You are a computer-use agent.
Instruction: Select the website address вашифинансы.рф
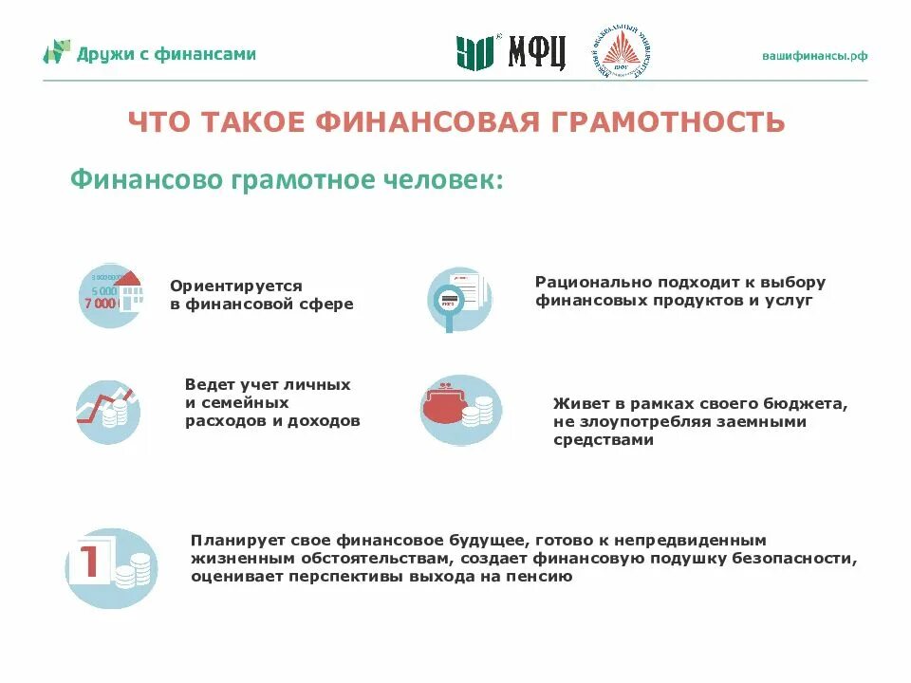point(814,55)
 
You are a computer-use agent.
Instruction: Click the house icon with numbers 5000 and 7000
point(109,295)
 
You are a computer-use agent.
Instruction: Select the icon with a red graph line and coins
point(108,412)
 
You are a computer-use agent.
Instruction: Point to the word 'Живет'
point(576,403)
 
